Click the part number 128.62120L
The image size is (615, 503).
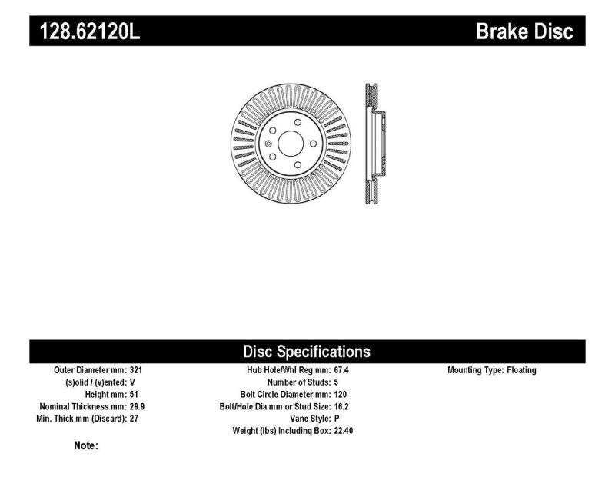point(85,31)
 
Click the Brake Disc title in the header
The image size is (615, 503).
point(525,31)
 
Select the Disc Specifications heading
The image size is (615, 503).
point(307,352)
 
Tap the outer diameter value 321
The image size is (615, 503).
point(136,370)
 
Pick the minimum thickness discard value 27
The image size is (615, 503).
point(134,419)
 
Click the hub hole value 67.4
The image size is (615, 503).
point(342,370)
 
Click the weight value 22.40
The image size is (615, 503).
point(344,432)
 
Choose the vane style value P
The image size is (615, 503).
point(337,419)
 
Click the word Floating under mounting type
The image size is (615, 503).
point(520,370)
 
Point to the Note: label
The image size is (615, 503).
point(85,445)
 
